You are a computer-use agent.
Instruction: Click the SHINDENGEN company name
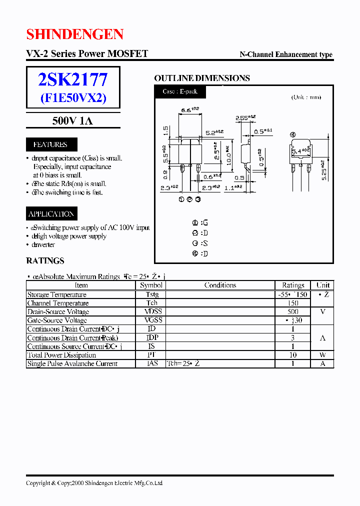click(74, 34)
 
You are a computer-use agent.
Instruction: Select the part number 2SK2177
click(72, 80)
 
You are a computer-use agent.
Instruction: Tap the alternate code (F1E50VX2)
click(73, 97)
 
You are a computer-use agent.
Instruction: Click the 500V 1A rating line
click(72, 121)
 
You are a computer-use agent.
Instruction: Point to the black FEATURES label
click(50, 144)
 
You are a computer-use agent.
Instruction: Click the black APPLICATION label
click(51, 214)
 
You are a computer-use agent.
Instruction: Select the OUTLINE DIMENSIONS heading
click(201, 78)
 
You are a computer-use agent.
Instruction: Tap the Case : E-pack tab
click(180, 92)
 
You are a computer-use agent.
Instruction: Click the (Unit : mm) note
click(306, 97)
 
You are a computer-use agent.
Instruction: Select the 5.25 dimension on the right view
click(324, 170)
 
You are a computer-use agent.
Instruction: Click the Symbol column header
click(151, 285)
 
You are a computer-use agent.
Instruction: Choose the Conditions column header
click(220, 285)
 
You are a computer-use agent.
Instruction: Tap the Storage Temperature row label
click(56, 294)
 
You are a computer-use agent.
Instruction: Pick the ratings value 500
click(293, 311)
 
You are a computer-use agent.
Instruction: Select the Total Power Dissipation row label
click(61, 355)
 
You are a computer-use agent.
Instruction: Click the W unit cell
click(323, 355)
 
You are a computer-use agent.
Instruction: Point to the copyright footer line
click(94, 483)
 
